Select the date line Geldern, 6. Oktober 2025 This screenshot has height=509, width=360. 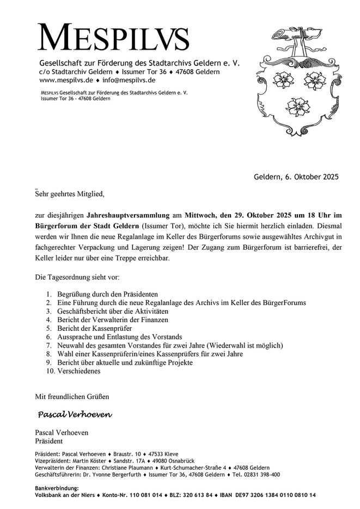click(296, 177)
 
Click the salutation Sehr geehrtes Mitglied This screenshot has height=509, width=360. click(69, 193)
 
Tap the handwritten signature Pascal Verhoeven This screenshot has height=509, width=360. click(75, 415)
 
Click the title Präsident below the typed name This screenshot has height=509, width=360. click(49, 441)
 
